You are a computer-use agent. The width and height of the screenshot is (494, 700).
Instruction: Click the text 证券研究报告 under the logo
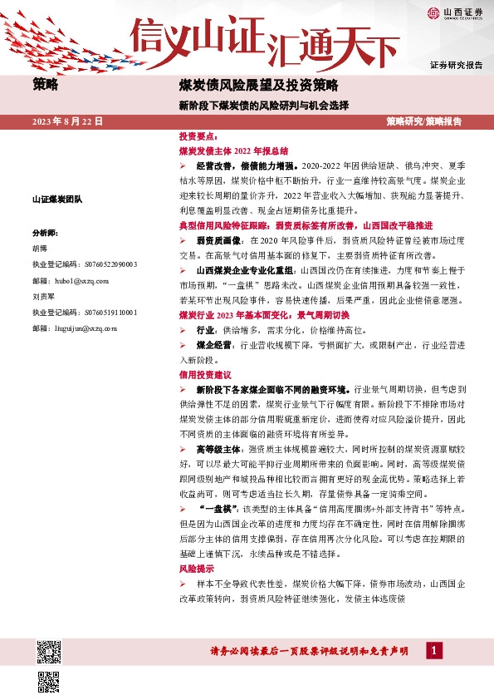pyautogui.click(x=456, y=65)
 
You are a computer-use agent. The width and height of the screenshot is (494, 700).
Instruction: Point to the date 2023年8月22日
pyautogui.click(x=68, y=121)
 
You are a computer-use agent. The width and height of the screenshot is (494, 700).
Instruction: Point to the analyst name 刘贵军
pyautogui.click(x=44, y=296)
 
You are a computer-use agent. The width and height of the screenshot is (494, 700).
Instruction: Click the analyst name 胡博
pyautogui.click(x=41, y=248)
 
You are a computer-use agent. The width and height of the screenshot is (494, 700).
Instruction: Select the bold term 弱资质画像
pyautogui.click(x=218, y=240)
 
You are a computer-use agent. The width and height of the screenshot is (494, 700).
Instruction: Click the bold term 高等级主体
pyautogui.click(x=217, y=449)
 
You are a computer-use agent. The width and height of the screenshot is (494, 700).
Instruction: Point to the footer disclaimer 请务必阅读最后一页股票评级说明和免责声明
pyautogui.click(x=311, y=652)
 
